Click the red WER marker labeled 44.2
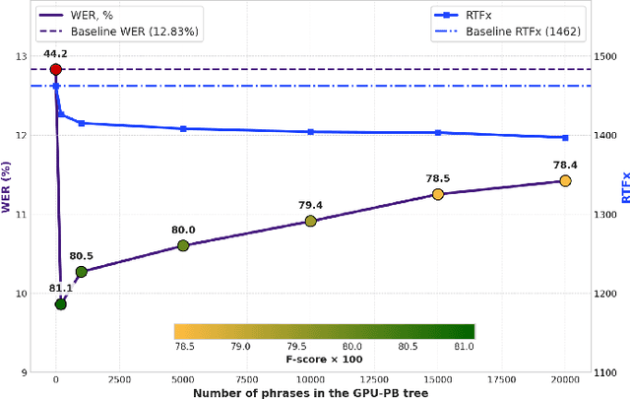pyautogui.click(x=55, y=69)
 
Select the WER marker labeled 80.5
pyautogui.click(x=81, y=271)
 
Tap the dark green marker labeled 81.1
pyautogui.click(x=60, y=304)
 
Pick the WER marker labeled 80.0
pyautogui.click(x=183, y=245)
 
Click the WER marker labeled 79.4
pyautogui.click(x=310, y=221)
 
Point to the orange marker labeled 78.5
pyautogui.click(x=438, y=194)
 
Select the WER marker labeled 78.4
pyautogui.click(x=565, y=180)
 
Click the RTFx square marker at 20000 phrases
pyautogui.click(x=565, y=138)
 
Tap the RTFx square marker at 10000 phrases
pyautogui.click(x=310, y=131)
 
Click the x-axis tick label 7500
pyautogui.click(x=247, y=379)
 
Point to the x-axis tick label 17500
pyautogui.click(x=501, y=379)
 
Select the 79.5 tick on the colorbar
pyautogui.click(x=294, y=347)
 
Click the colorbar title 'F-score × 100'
pyautogui.click(x=324, y=360)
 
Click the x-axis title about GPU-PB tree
pyautogui.click(x=310, y=392)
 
